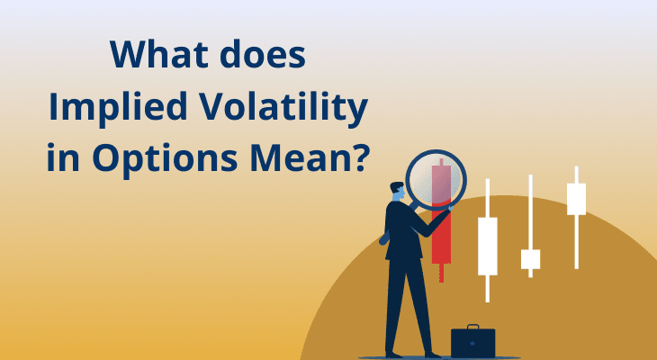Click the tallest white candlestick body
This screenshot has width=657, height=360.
[x=487, y=246]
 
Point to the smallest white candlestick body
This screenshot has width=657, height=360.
[x=531, y=259]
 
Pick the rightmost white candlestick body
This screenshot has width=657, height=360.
[x=576, y=198]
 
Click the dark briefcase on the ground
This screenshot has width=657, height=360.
[x=472, y=342]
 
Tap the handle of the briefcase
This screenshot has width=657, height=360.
[x=472, y=327]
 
